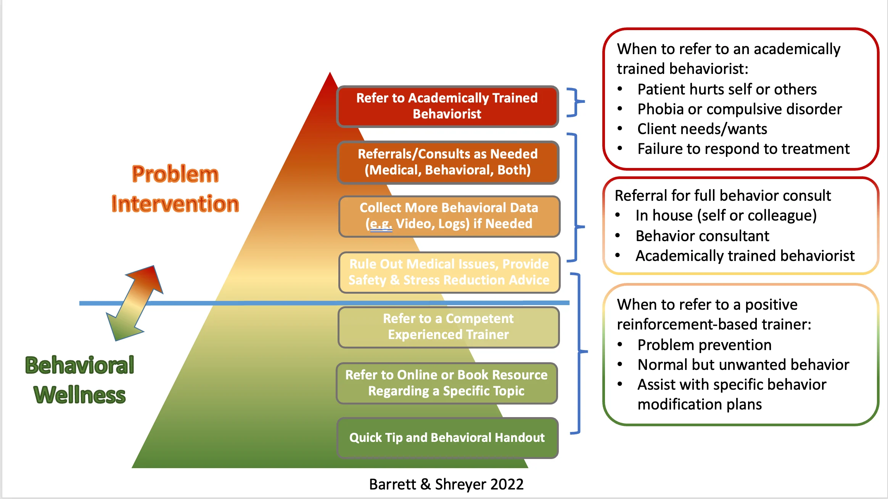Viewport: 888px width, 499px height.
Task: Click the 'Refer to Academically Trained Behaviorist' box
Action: [447, 106]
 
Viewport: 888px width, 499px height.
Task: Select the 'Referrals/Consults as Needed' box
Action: [448, 162]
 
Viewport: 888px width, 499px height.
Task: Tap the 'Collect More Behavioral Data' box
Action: [449, 216]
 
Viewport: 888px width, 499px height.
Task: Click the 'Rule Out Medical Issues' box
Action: [449, 272]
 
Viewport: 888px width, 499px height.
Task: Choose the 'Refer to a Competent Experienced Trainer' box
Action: [448, 327]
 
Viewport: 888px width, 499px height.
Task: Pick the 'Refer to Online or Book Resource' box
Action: [446, 383]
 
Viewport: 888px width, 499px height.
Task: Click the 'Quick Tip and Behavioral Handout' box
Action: [447, 438]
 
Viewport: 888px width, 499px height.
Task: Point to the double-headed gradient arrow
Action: [135, 303]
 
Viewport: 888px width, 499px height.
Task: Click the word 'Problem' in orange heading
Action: [175, 174]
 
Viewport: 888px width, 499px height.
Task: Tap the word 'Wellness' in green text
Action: [80, 395]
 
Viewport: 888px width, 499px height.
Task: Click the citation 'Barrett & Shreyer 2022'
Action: [446, 485]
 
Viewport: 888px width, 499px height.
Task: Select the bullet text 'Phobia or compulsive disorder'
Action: [739, 109]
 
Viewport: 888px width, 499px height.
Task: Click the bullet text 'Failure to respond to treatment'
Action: [743, 149]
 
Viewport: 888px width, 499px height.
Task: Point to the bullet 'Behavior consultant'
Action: [702, 236]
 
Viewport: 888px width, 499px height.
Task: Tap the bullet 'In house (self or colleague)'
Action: [726, 216]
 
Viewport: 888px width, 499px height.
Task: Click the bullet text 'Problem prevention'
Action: [704, 345]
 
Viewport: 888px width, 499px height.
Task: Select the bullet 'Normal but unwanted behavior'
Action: [743, 365]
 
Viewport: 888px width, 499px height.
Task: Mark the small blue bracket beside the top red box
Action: [575, 102]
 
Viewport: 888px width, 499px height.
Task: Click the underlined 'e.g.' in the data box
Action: [380, 224]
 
